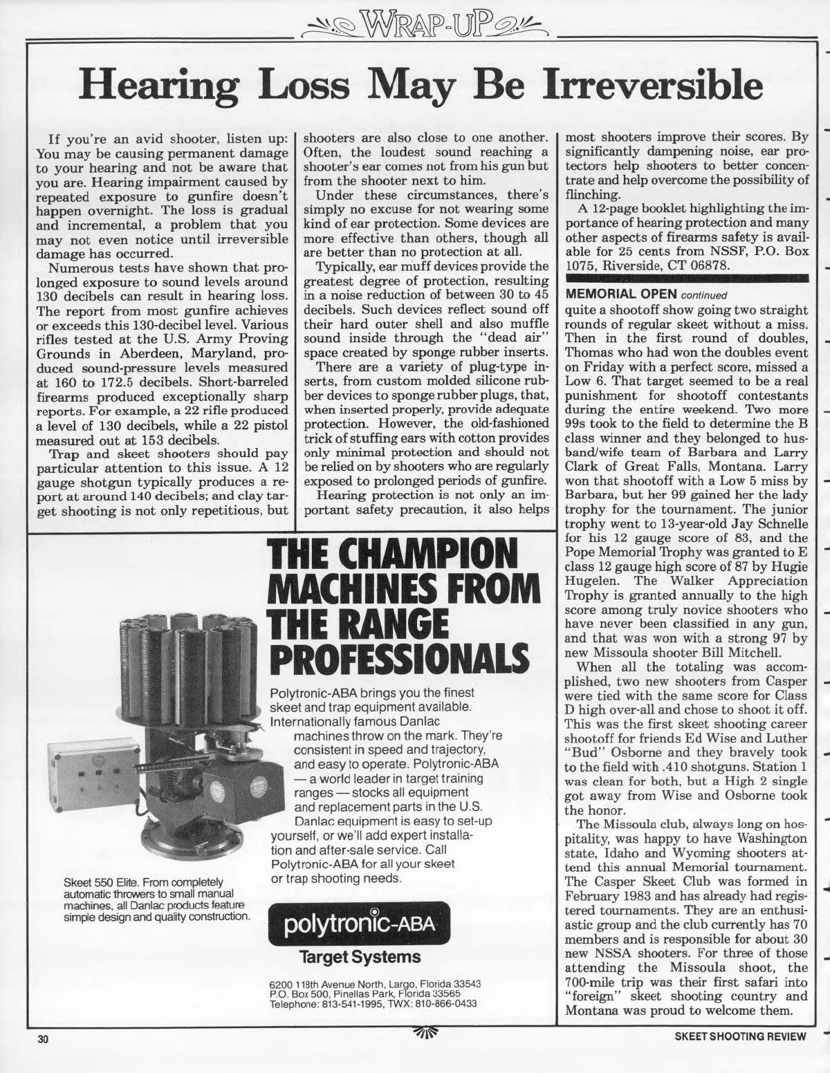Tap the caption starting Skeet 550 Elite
pyautogui.click(x=156, y=899)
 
